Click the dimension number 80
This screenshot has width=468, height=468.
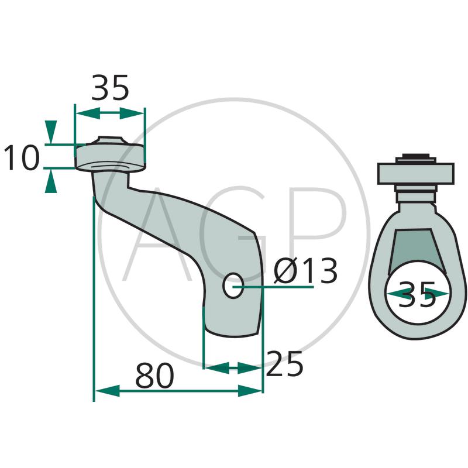154,375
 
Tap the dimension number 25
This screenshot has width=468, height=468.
284,364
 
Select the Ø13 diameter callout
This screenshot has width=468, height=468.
305,271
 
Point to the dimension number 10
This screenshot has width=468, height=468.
22,157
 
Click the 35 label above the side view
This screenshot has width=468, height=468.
110,87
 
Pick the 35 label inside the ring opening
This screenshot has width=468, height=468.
417,294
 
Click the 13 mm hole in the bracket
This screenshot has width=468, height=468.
233,285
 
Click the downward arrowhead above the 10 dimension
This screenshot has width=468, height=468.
51,132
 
